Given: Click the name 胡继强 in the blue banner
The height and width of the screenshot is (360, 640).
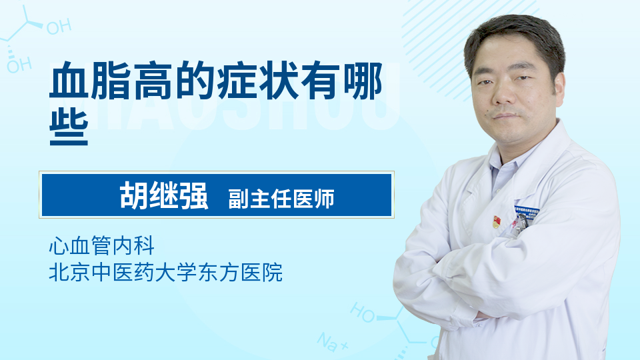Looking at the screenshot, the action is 164,195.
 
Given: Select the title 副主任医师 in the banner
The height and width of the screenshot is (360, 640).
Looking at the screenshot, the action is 281,199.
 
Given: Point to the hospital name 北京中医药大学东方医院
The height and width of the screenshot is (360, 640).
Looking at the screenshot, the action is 166,272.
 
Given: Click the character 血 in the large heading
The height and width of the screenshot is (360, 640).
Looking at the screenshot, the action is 69,81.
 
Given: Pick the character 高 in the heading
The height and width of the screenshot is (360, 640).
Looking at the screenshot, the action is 153,81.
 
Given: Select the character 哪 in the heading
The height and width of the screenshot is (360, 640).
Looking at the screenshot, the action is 363,81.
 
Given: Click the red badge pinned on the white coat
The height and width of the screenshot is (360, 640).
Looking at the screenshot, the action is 496,221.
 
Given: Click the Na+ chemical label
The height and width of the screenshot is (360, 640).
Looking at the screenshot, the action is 333,341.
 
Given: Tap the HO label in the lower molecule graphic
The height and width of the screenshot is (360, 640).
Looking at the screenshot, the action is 363,312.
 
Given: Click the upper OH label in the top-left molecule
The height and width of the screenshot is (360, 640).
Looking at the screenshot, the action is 59,27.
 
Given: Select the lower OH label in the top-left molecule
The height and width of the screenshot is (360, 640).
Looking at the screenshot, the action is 19,65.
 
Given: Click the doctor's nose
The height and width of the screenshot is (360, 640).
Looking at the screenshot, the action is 505,95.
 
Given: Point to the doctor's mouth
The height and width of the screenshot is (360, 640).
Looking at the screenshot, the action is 506,116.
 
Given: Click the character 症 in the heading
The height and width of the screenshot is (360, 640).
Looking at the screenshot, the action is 236,81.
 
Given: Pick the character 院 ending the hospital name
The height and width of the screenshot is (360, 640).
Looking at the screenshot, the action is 272,272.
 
